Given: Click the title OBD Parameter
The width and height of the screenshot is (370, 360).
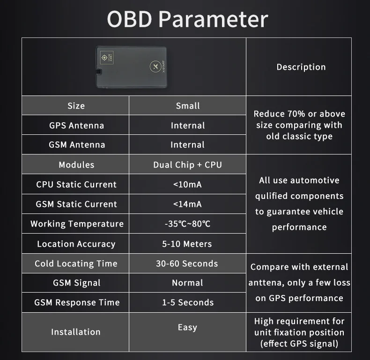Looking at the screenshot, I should (187, 19).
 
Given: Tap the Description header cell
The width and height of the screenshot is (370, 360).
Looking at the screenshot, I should (301, 67).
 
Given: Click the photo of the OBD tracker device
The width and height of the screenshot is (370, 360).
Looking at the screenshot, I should (133, 67).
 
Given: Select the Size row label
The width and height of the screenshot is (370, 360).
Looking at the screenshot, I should (76, 106).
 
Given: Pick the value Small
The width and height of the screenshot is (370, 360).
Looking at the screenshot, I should (187, 106).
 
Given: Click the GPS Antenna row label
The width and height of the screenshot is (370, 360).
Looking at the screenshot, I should (76, 125).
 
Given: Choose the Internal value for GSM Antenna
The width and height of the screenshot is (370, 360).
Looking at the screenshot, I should (187, 145).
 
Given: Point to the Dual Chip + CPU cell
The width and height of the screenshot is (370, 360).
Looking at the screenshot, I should (187, 165).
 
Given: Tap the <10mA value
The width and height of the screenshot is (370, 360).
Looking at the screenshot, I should (187, 184).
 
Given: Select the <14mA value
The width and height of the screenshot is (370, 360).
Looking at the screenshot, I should (187, 204).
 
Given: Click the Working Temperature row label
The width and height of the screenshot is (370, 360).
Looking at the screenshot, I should (77, 224).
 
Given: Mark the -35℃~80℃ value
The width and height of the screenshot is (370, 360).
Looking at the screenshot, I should (187, 224).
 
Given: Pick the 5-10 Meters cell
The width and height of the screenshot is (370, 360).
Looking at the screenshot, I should (187, 244).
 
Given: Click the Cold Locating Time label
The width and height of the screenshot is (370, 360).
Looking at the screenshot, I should (76, 264).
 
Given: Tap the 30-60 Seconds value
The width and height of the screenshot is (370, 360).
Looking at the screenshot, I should (187, 264).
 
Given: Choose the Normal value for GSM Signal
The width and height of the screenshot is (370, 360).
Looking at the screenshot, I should (187, 283).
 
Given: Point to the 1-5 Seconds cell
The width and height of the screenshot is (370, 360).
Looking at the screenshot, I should (187, 302).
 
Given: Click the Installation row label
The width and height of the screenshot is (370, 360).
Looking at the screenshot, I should (76, 332).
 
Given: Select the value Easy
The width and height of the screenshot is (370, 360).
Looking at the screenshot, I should (187, 327).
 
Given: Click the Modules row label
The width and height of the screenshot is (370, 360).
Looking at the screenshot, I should (76, 165).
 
